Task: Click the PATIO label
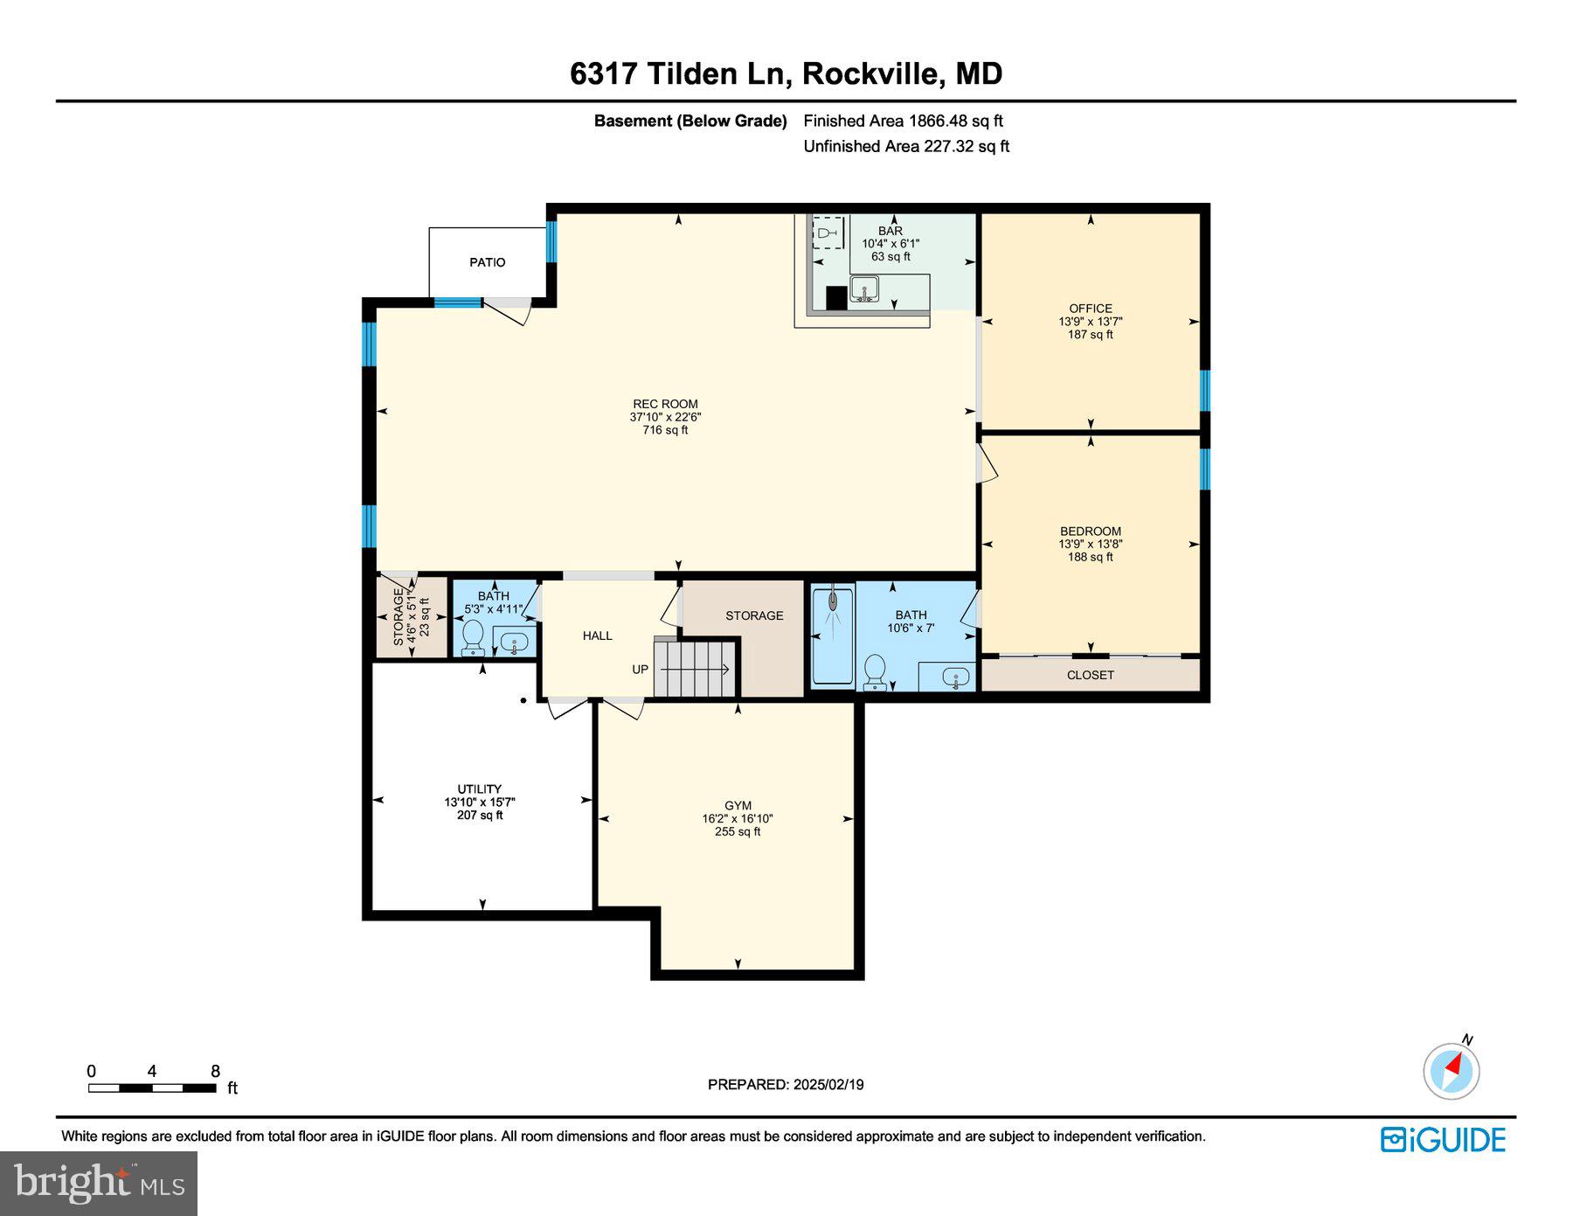point(487,262)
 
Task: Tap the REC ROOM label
point(665,404)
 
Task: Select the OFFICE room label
point(1091,309)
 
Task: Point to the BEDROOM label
point(1091,531)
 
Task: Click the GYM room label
point(738,806)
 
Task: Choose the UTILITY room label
point(480,789)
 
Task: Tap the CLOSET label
point(1091,675)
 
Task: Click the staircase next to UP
point(696,669)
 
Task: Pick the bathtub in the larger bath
point(833,636)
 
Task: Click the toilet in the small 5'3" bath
point(473,637)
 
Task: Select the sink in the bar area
point(864,288)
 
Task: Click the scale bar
point(152,1088)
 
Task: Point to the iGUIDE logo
point(1444,1140)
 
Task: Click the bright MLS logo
point(100,1183)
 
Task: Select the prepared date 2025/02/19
point(828,1085)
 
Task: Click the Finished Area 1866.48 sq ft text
point(904,122)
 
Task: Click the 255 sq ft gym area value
point(738,832)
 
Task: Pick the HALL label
point(598,636)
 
